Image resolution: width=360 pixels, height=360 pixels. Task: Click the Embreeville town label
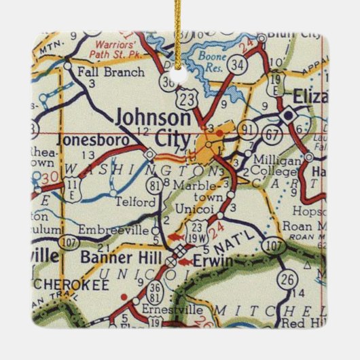tap(112, 230)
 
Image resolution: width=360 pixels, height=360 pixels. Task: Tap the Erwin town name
tap(212, 261)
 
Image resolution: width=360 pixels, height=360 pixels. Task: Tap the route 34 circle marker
tap(236, 65)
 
